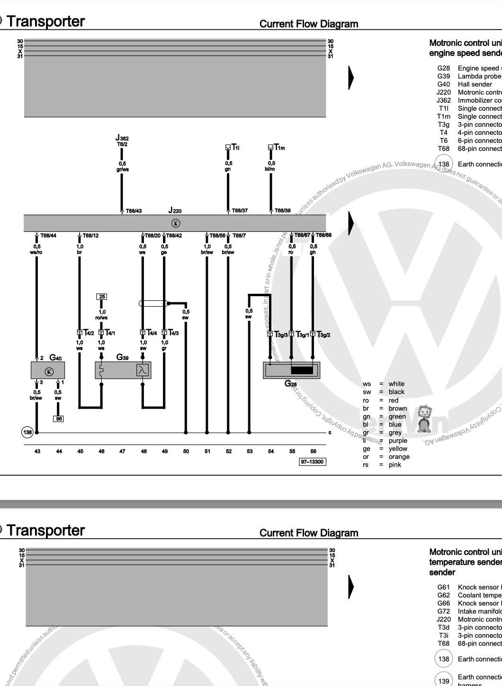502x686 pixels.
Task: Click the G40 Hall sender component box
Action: tap(48, 370)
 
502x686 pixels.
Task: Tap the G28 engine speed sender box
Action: tap(292, 370)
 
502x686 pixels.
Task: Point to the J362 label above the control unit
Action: tap(122, 138)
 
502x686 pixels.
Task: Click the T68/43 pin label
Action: tap(134, 211)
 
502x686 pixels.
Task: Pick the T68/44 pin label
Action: tap(48, 236)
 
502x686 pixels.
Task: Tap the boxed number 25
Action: tap(102, 297)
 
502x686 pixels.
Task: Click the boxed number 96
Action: tap(58, 419)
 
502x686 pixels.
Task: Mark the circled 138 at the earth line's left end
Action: tap(27, 432)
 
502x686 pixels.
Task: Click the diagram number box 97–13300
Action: tap(313, 462)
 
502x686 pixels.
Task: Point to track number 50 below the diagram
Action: tap(186, 451)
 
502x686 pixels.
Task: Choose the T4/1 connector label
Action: tap(109, 333)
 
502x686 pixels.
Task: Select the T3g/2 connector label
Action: tap(323, 335)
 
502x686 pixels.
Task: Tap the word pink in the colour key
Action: tap(394, 465)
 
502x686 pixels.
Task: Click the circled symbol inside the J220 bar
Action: tap(176, 223)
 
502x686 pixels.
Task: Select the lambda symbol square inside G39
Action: tap(142, 370)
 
